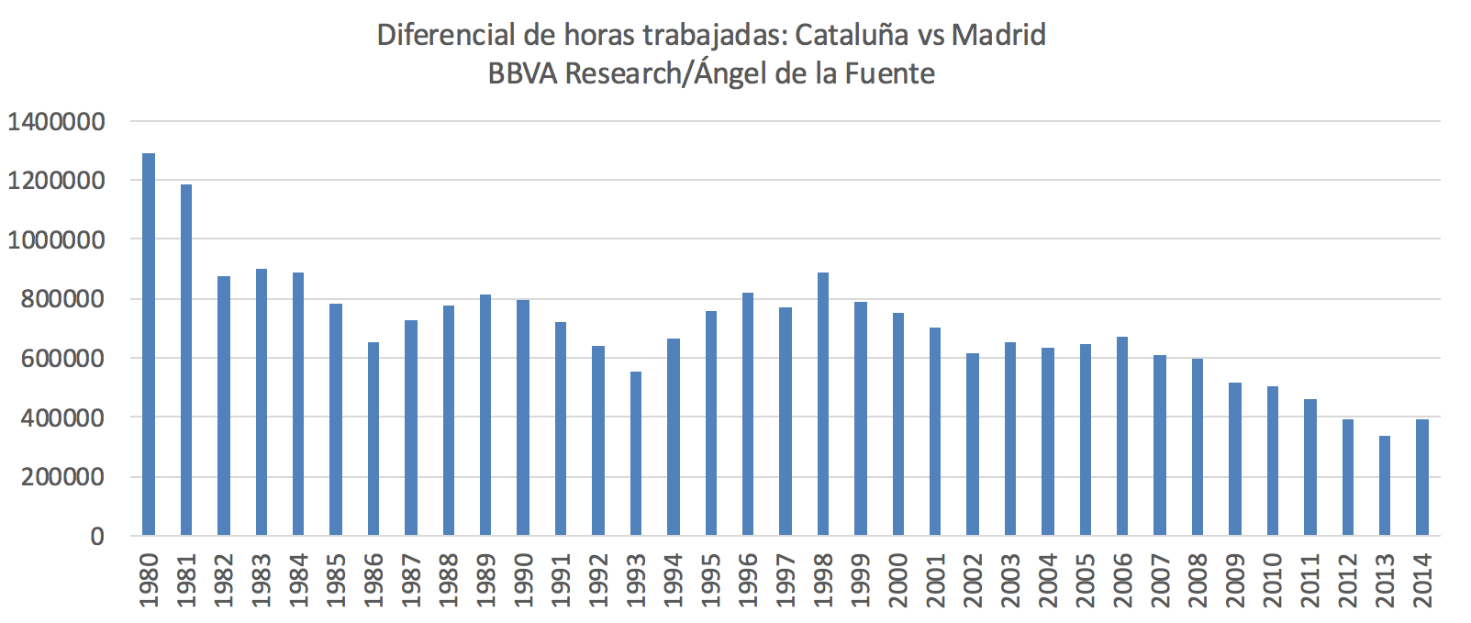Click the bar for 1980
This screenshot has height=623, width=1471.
coord(149,344)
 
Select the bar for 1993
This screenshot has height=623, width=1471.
coord(636,453)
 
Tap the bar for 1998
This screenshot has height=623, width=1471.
coord(823,404)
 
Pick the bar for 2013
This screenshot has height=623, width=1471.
coord(1385,485)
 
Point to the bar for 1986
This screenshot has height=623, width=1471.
coord(373,439)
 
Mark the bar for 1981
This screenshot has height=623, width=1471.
coord(186,360)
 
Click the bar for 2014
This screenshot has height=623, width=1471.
coord(1422,477)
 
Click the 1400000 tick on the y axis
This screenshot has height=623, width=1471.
coord(56,121)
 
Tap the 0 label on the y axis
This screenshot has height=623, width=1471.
coord(97,537)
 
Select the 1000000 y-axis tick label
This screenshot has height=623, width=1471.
coord(56,240)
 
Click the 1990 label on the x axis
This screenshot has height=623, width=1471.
coord(523,580)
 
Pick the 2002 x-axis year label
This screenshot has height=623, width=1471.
coord(973,580)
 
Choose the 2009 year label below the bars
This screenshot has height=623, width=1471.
coord(1235,580)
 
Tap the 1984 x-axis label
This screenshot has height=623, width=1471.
coord(298,580)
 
